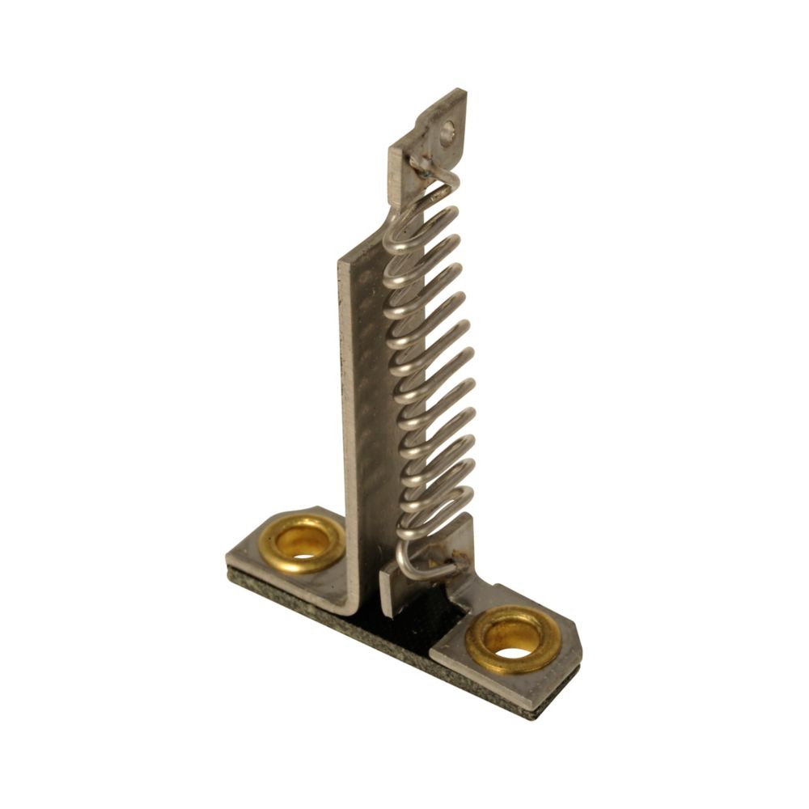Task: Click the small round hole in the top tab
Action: click(x=447, y=133)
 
